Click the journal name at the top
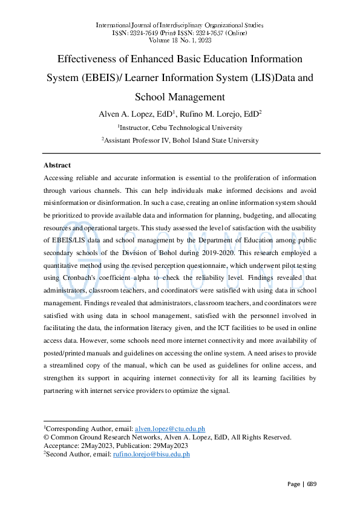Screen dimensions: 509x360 click(x=180, y=25)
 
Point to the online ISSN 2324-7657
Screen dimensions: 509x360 click(x=213, y=33)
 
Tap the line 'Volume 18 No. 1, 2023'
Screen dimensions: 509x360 click(x=180, y=41)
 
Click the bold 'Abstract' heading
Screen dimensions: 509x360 click(x=57, y=165)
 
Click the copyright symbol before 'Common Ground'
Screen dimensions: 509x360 click(x=47, y=436)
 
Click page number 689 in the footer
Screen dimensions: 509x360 click(x=311, y=484)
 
